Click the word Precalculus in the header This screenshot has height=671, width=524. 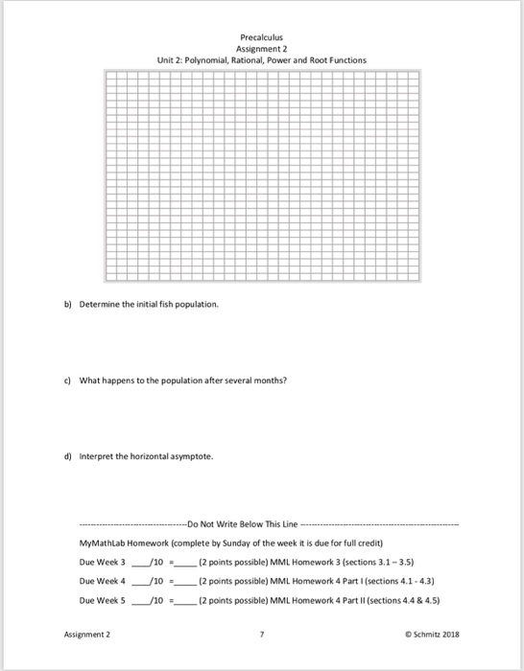(262, 35)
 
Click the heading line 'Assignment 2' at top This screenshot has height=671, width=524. (262, 47)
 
